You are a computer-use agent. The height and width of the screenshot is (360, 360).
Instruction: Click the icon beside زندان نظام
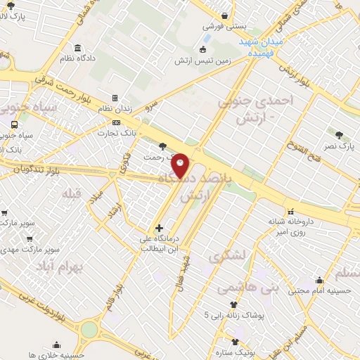tap(115, 99)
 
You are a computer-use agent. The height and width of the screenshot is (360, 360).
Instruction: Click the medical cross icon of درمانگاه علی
tap(160, 228)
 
